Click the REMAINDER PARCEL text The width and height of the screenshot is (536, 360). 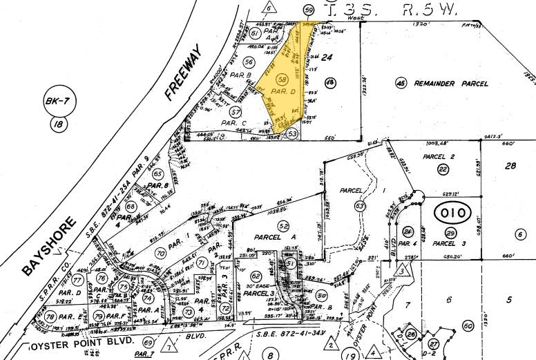click(452, 84)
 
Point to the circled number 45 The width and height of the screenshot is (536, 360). click(400, 83)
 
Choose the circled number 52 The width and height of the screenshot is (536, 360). click(283, 226)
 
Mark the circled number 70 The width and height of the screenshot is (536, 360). click(160, 254)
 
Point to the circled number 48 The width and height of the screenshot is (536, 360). click(329, 83)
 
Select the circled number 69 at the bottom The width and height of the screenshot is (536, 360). click(147, 343)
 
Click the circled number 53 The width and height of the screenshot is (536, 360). click(293, 133)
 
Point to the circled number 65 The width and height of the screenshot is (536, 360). click(158, 174)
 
